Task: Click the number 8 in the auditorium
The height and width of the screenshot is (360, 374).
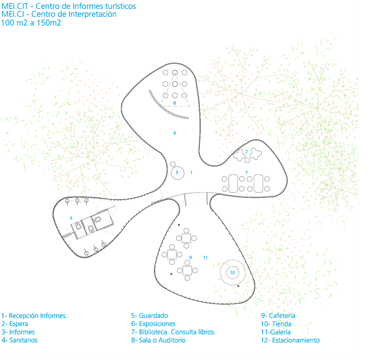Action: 175,103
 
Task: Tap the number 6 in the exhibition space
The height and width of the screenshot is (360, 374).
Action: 175,133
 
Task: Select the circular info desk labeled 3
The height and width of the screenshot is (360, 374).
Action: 177,173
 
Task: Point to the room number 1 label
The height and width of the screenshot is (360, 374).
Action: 191,172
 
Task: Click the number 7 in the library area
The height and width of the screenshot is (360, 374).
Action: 246,173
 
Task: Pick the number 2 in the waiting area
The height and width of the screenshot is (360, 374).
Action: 246,152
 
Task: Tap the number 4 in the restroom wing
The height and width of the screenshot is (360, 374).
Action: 71,218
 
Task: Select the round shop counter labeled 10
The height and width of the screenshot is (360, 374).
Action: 232,273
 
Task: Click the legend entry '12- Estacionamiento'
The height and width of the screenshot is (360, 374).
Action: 290,340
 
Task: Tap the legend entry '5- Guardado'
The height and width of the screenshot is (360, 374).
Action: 149,316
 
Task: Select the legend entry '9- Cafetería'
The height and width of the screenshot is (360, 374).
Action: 278,316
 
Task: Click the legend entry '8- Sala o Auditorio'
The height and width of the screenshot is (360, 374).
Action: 158,340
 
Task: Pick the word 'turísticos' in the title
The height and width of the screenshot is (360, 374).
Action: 118,6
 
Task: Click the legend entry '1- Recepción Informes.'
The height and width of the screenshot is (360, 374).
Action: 34,316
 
